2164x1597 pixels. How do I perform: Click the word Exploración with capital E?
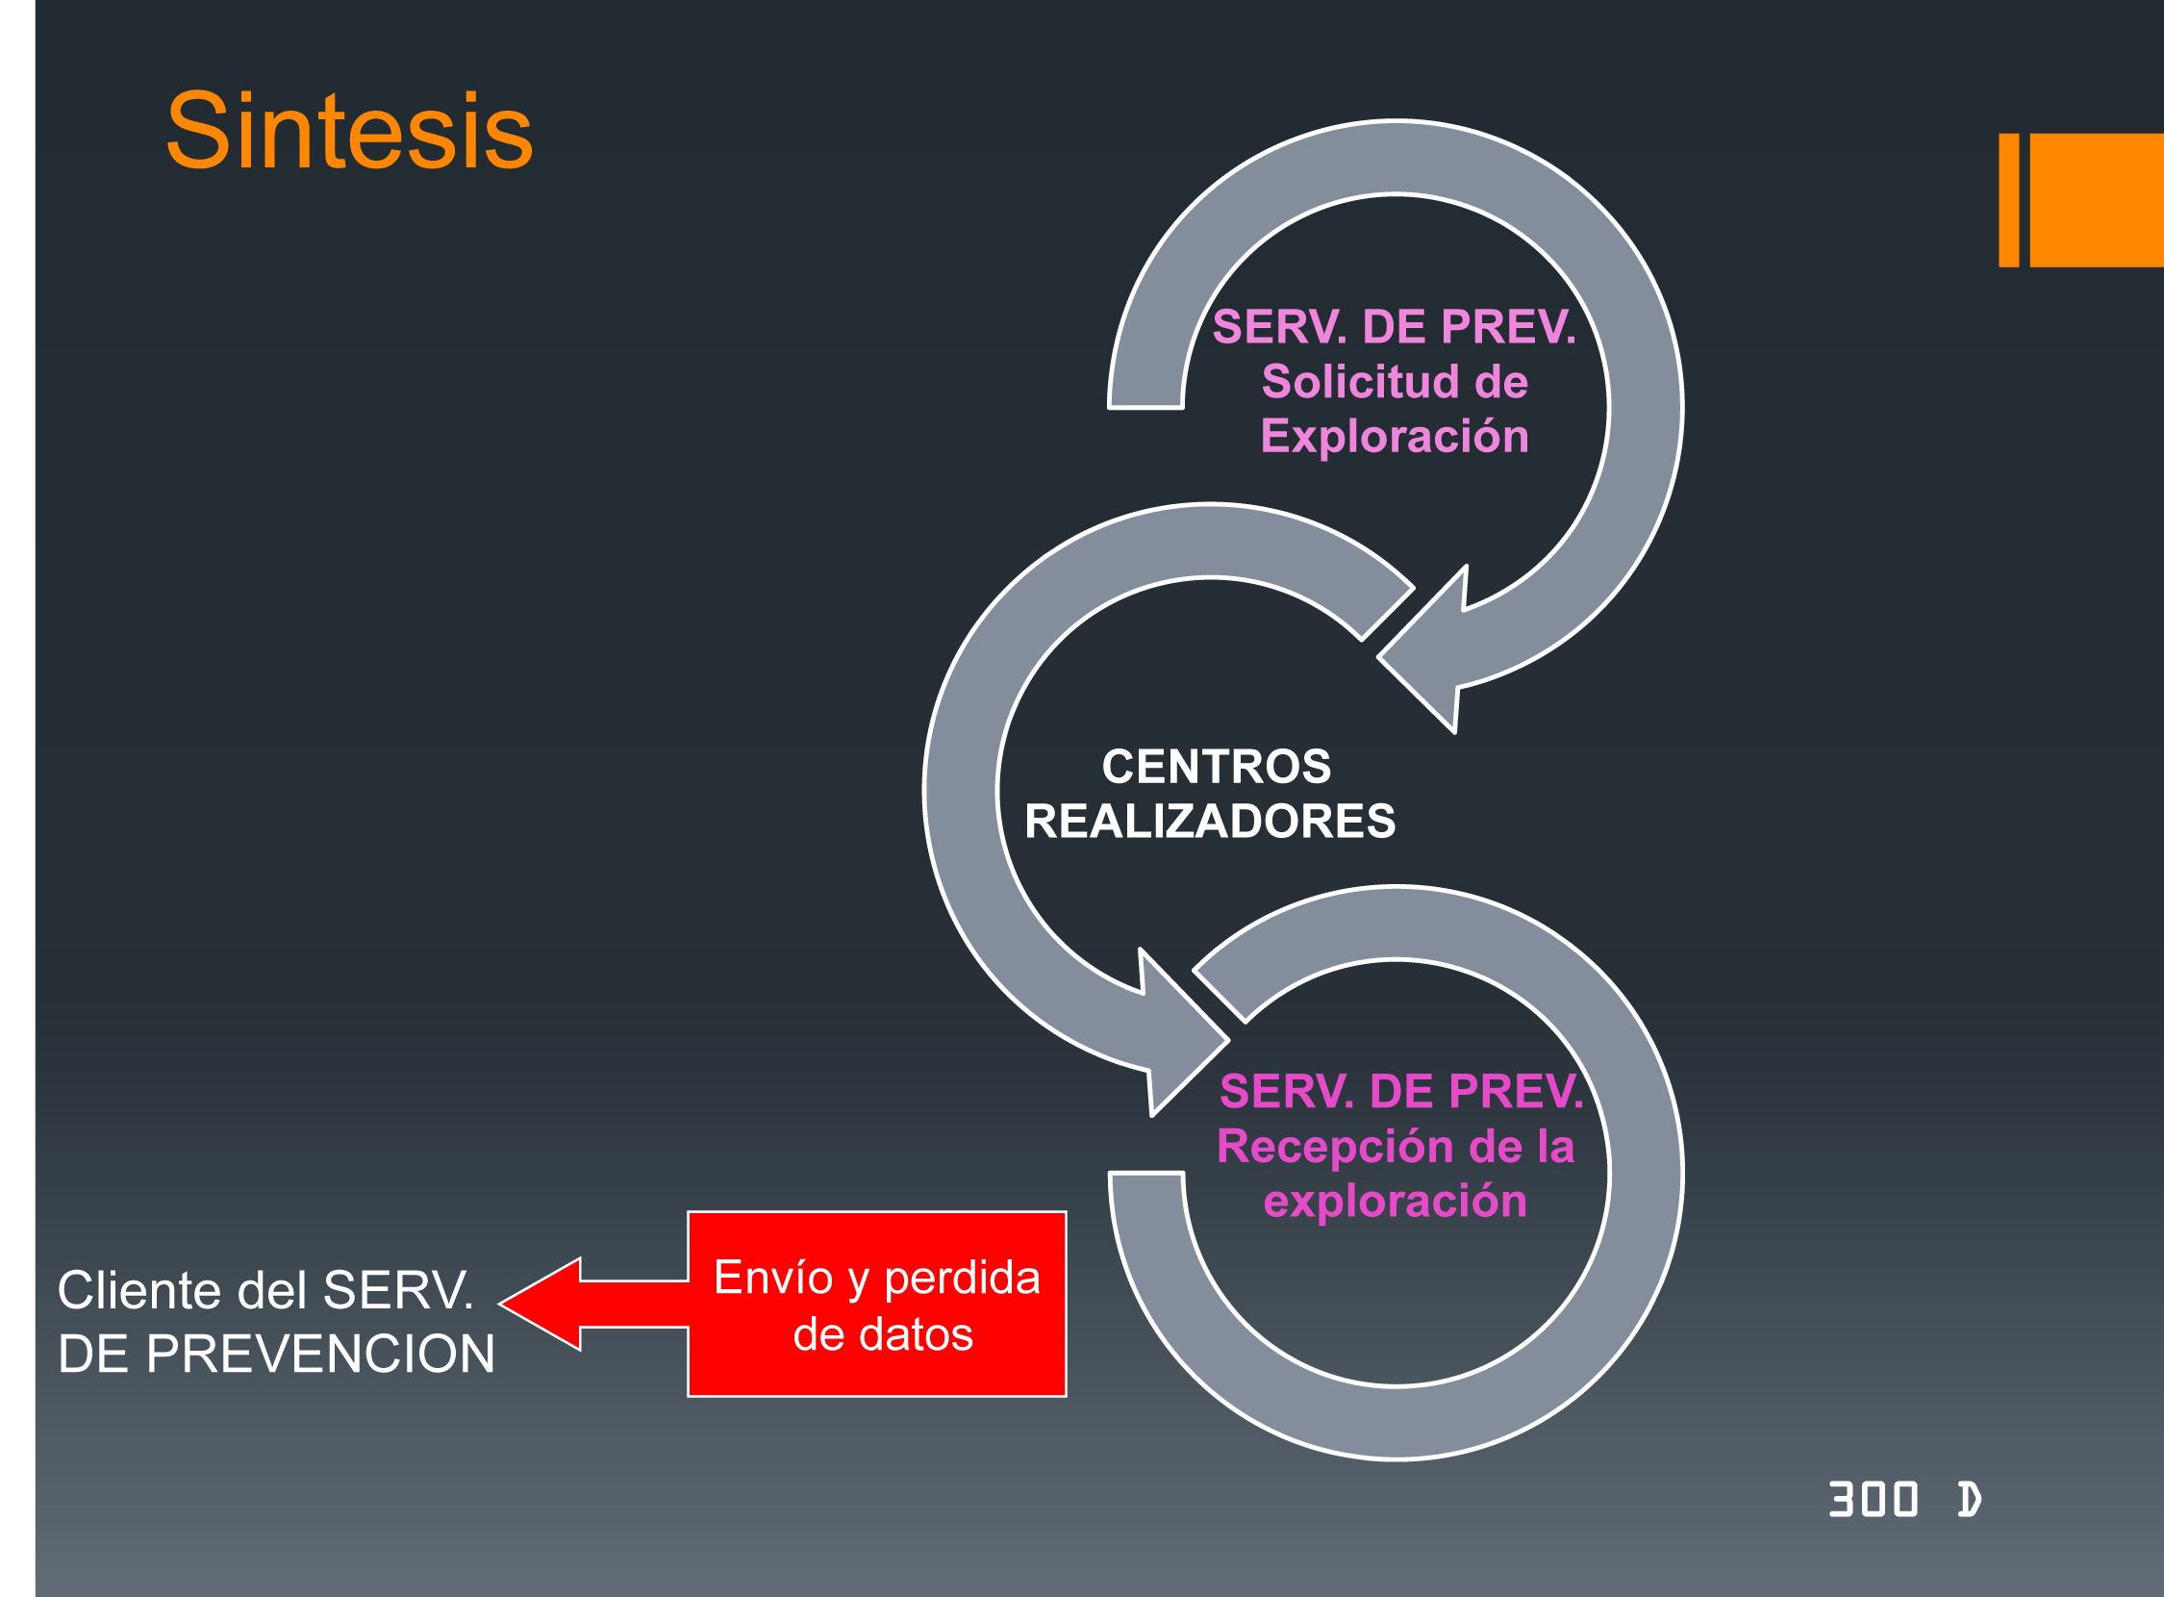tap(1395, 437)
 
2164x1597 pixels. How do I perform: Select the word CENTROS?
tap(1216, 767)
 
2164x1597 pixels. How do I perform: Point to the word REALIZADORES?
tap(1209, 822)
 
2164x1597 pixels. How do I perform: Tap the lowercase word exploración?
tap(1395, 1202)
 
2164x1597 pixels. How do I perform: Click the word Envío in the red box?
tap(772, 1278)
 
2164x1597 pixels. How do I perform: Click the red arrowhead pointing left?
tap(541, 1305)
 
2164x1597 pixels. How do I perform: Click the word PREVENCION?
tap(320, 1354)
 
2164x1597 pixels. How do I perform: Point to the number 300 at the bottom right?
tap(1874, 1500)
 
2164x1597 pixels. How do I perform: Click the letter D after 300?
tap(1969, 1500)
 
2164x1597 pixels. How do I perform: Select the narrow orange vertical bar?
tap(2008, 200)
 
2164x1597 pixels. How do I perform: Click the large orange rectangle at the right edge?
tap(2097, 200)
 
